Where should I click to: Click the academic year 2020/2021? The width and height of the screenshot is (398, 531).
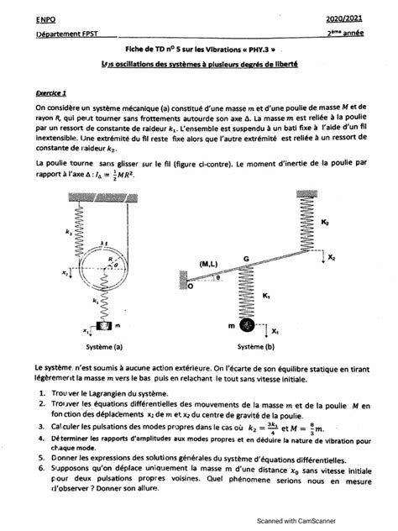(364, 18)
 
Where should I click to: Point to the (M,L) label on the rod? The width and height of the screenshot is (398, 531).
(211, 264)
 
